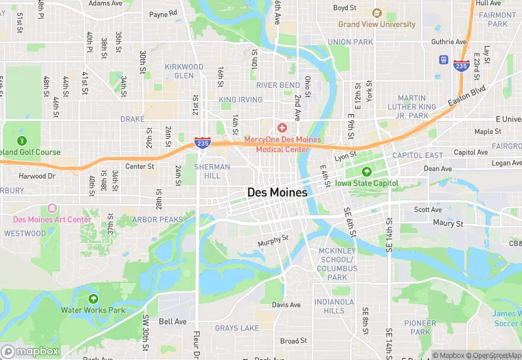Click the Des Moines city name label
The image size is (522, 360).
coord(277,193)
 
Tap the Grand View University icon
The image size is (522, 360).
coord(376,13)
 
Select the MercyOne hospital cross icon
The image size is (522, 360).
coord(282,128)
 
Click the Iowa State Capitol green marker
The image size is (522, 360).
coord(366,172)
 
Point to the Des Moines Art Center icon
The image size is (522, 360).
coord(52,208)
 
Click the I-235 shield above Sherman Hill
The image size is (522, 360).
coord(202,142)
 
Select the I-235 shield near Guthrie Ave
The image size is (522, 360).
coord(461,66)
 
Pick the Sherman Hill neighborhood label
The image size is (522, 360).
coord(207,171)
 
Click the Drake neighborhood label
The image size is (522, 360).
coord(133,119)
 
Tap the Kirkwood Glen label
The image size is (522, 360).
coord(184,71)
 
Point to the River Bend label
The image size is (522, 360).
coord(278,85)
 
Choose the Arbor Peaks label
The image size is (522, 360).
coord(158,220)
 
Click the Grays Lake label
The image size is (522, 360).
coord(237,328)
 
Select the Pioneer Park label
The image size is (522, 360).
coord(420,328)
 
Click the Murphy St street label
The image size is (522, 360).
coord(273,243)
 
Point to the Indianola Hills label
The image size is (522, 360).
coord(334,306)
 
